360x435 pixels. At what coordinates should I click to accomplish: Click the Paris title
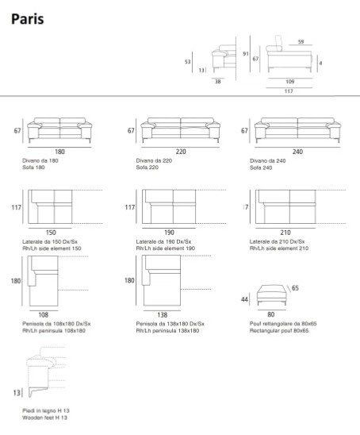pos(28,19)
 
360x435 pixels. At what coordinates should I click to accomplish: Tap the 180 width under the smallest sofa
pos(59,152)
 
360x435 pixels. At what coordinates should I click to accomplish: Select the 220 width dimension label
pos(181,152)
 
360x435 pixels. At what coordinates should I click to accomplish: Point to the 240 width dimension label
pos(297,152)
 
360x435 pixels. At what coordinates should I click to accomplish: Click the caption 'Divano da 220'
pos(154,160)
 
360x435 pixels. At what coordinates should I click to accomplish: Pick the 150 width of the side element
pos(51,233)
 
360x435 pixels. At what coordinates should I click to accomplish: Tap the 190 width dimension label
pos(169,233)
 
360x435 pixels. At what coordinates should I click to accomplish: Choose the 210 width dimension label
pos(285,233)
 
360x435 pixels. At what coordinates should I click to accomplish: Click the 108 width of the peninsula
pos(44,315)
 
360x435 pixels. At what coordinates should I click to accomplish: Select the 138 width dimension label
pos(162,315)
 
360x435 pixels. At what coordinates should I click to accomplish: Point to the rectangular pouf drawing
pos(271,294)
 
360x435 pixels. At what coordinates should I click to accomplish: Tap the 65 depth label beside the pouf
pos(295,288)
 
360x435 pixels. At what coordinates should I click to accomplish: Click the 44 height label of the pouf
pos(244,299)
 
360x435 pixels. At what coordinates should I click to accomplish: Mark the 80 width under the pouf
pos(270,314)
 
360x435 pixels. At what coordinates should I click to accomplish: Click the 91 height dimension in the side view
pos(246,54)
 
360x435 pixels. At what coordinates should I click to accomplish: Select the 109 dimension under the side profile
pos(290,82)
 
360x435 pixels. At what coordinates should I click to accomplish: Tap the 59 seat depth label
pos(301,42)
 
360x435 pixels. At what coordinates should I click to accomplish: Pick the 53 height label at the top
pos(188,62)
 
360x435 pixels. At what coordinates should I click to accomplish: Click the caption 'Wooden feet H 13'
pos(44,418)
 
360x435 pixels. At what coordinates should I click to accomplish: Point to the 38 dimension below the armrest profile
pos(218,82)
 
